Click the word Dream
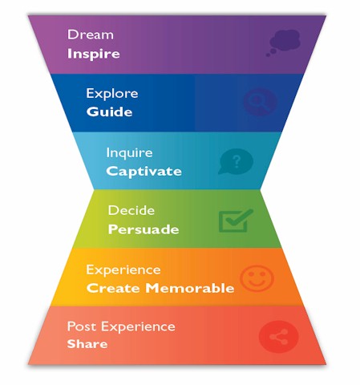click(91, 34)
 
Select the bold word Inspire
click(94, 54)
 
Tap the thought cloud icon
click(283, 43)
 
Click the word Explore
click(112, 93)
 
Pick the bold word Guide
click(109, 111)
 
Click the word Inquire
click(129, 153)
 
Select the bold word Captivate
click(144, 171)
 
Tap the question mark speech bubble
click(236, 161)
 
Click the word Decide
click(131, 210)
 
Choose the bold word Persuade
click(144, 229)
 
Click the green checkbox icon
click(236, 221)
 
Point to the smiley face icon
click(257, 278)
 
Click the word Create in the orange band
click(113, 288)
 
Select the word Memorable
click(190, 288)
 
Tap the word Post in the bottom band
click(82, 326)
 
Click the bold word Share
click(87, 344)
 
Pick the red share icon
click(278, 337)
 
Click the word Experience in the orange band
click(123, 270)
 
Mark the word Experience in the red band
click(138, 327)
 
